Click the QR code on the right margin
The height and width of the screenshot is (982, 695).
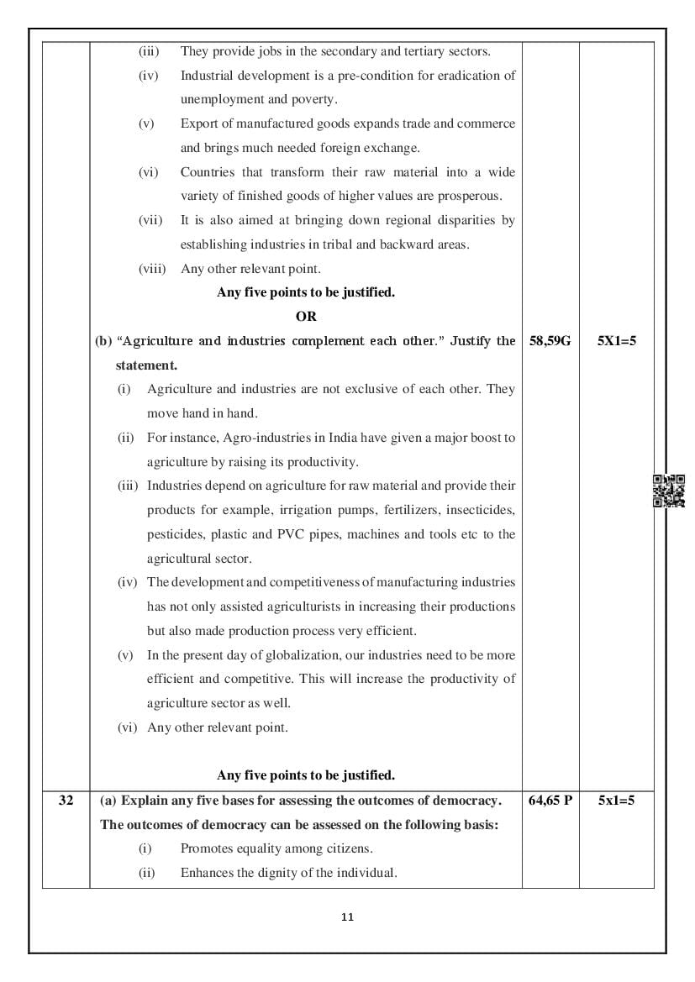tap(668, 491)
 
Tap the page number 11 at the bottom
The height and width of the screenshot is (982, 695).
tap(348, 917)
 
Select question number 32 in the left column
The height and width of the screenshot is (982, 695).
tap(66, 801)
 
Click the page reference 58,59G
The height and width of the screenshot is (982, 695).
tap(550, 342)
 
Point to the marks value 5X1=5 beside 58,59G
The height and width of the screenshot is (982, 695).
tap(616, 342)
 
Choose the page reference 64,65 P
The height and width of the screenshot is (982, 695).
tap(550, 801)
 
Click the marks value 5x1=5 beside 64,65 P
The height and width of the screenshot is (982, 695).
tap(616, 801)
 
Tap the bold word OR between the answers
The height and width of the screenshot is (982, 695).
tap(306, 317)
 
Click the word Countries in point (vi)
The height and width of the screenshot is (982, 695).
tap(208, 172)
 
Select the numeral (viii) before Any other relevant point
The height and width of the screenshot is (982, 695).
tap(152, 269)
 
